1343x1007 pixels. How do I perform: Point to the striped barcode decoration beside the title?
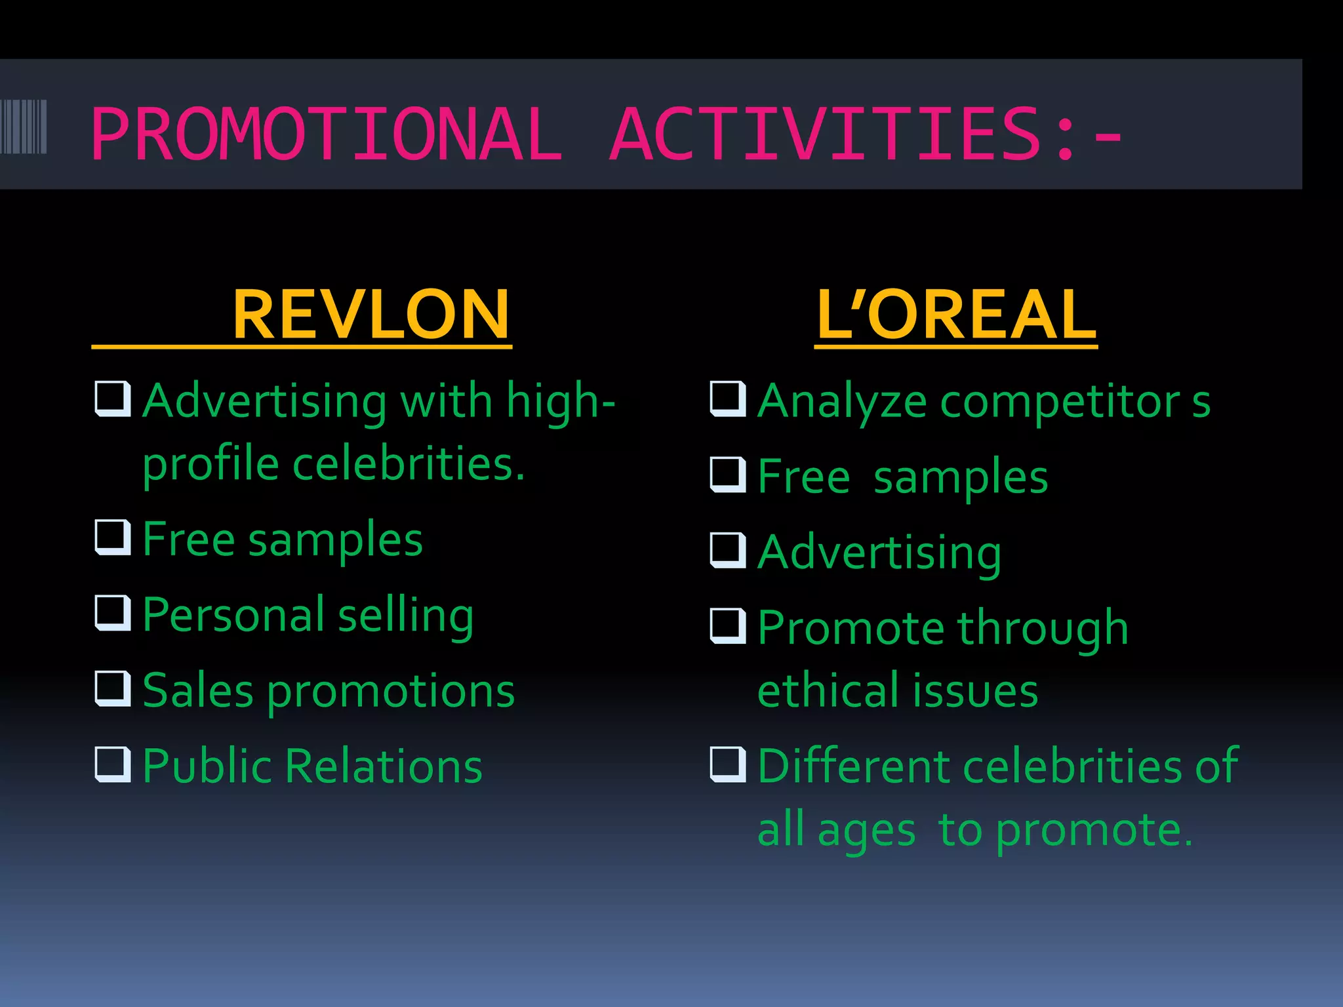[x=24, y=127]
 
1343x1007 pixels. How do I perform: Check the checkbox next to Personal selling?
[x=113, y=612]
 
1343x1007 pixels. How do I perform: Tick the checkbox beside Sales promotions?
[x=113, y=688]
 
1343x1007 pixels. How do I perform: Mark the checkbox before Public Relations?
[x=113, y=764]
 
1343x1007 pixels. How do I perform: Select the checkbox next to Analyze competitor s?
[x=728, y=399]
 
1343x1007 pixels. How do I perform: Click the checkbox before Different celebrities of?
[x=728, y=764]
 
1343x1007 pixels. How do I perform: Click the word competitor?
[x=1060, y=401]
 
